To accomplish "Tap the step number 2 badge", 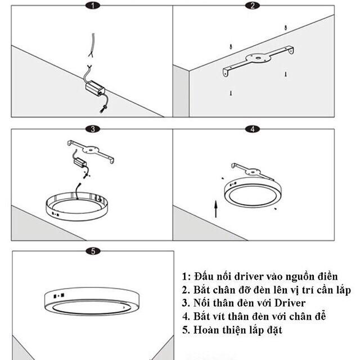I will coord(253,6).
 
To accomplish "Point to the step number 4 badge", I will coord(253,129).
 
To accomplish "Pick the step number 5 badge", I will coord(93,251).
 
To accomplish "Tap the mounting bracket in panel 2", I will coord(258,60).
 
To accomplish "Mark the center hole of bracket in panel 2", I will coord(256,57).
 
